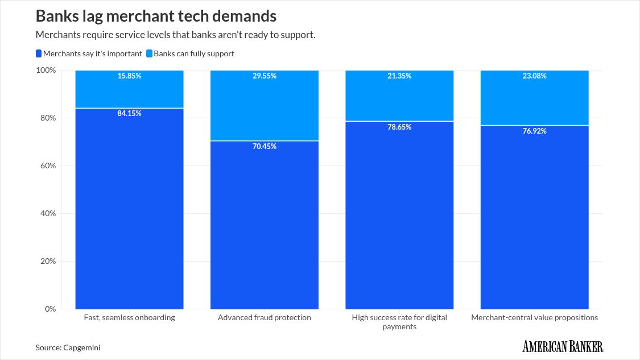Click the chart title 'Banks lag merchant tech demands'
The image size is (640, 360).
[x=156, y=15]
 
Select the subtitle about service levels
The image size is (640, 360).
[x=175, y=35]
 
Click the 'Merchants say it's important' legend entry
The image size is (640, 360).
[x=89, y=53]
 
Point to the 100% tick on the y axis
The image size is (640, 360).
[x=46, y=70]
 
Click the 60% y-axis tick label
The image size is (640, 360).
[x=48, y=165]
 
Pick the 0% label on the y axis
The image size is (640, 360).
[x=50, y=309]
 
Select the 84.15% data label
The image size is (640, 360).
[x=129, y=114]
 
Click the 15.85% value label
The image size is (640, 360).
[x=129, y=76]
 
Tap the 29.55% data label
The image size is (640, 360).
[x=265, y=76]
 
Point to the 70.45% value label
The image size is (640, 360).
[x=265, y=147]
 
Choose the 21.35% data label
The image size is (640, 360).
[x=399, y=76]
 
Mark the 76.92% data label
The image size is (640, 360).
[x=534, y=131]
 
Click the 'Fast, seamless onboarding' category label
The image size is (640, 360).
[x=129, y=318]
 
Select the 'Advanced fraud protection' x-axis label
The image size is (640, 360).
[x=265, y=318]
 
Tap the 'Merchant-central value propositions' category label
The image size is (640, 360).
[x=534, y=318]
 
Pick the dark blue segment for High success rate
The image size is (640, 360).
[x=399, y=216]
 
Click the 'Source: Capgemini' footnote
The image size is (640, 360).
[x=64, y=347]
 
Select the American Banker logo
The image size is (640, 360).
[x=563, y=346]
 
